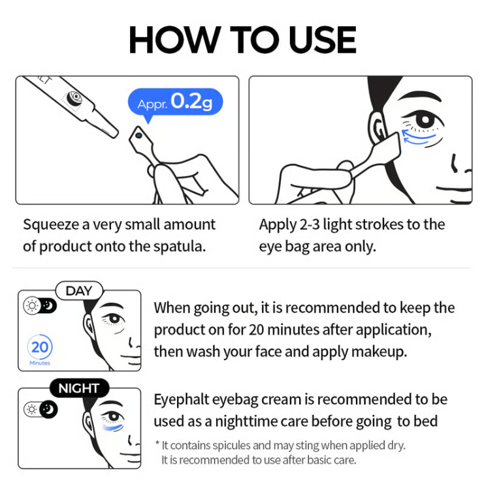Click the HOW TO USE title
[242, 40]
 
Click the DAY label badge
[79, 291]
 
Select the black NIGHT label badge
[79, 389]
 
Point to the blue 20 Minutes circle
[40, 347]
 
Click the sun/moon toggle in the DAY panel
[39, 306]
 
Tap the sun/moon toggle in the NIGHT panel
[39, 409]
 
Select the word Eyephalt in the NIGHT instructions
[181, 399]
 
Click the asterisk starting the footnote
[157, 445]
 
